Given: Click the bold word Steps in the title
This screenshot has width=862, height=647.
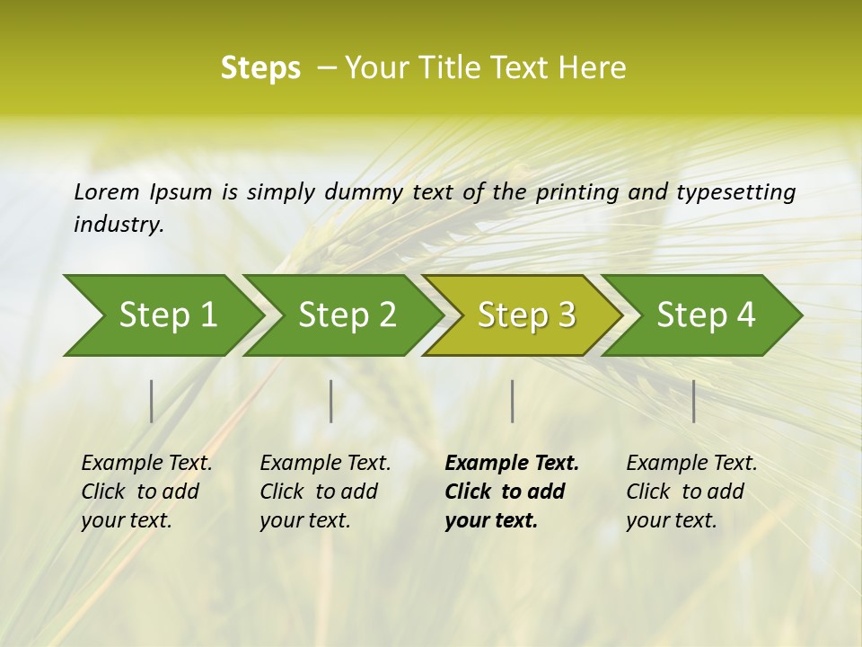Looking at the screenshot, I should click(x=260, y=68).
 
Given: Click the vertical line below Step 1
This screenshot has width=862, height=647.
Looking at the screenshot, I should click(x=152, y=401).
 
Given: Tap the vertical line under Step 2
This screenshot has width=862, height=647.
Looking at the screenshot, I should click(x=331, y=401).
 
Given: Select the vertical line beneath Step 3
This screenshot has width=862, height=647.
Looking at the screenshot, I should click(x=512, y=401).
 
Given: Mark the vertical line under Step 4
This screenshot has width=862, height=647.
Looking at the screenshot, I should click(x=694, y=401).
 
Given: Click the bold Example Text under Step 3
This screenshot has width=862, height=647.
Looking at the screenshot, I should click(x=512, y=464).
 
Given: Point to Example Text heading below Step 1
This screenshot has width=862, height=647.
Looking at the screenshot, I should click(x=146, y=464).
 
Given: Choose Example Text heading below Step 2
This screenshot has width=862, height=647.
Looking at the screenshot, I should click(x=325, y=464).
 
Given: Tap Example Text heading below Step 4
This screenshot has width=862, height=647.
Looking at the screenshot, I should click(x=691, y=464).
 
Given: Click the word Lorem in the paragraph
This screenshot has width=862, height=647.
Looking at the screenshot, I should click(x=106, y=192).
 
